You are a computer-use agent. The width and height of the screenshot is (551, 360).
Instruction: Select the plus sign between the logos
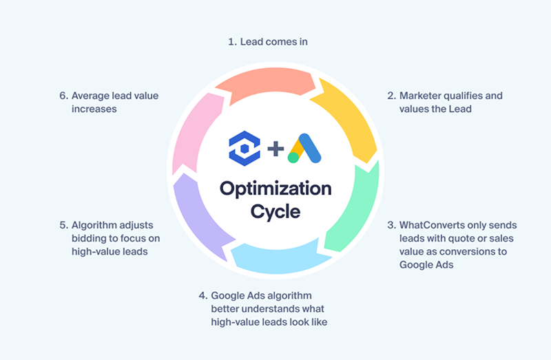click(x=275, y=148)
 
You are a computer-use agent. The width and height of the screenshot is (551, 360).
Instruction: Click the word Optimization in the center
click(x=275, y=188)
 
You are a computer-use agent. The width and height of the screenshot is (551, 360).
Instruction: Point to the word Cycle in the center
click(x=275, y=211)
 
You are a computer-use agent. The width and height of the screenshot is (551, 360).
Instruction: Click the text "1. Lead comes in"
click(x=267, y=42)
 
